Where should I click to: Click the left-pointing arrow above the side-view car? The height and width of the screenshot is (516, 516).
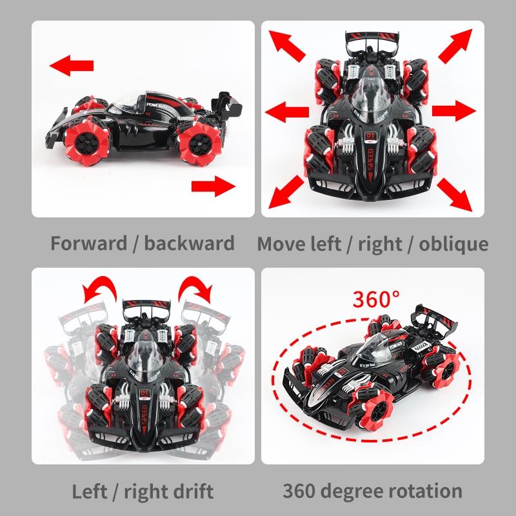click(72, 65)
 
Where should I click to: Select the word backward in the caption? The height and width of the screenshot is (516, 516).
click(190, 244)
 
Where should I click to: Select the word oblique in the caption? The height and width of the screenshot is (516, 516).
click(453, 244)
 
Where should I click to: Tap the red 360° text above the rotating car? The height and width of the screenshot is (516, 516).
click(376, 299)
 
